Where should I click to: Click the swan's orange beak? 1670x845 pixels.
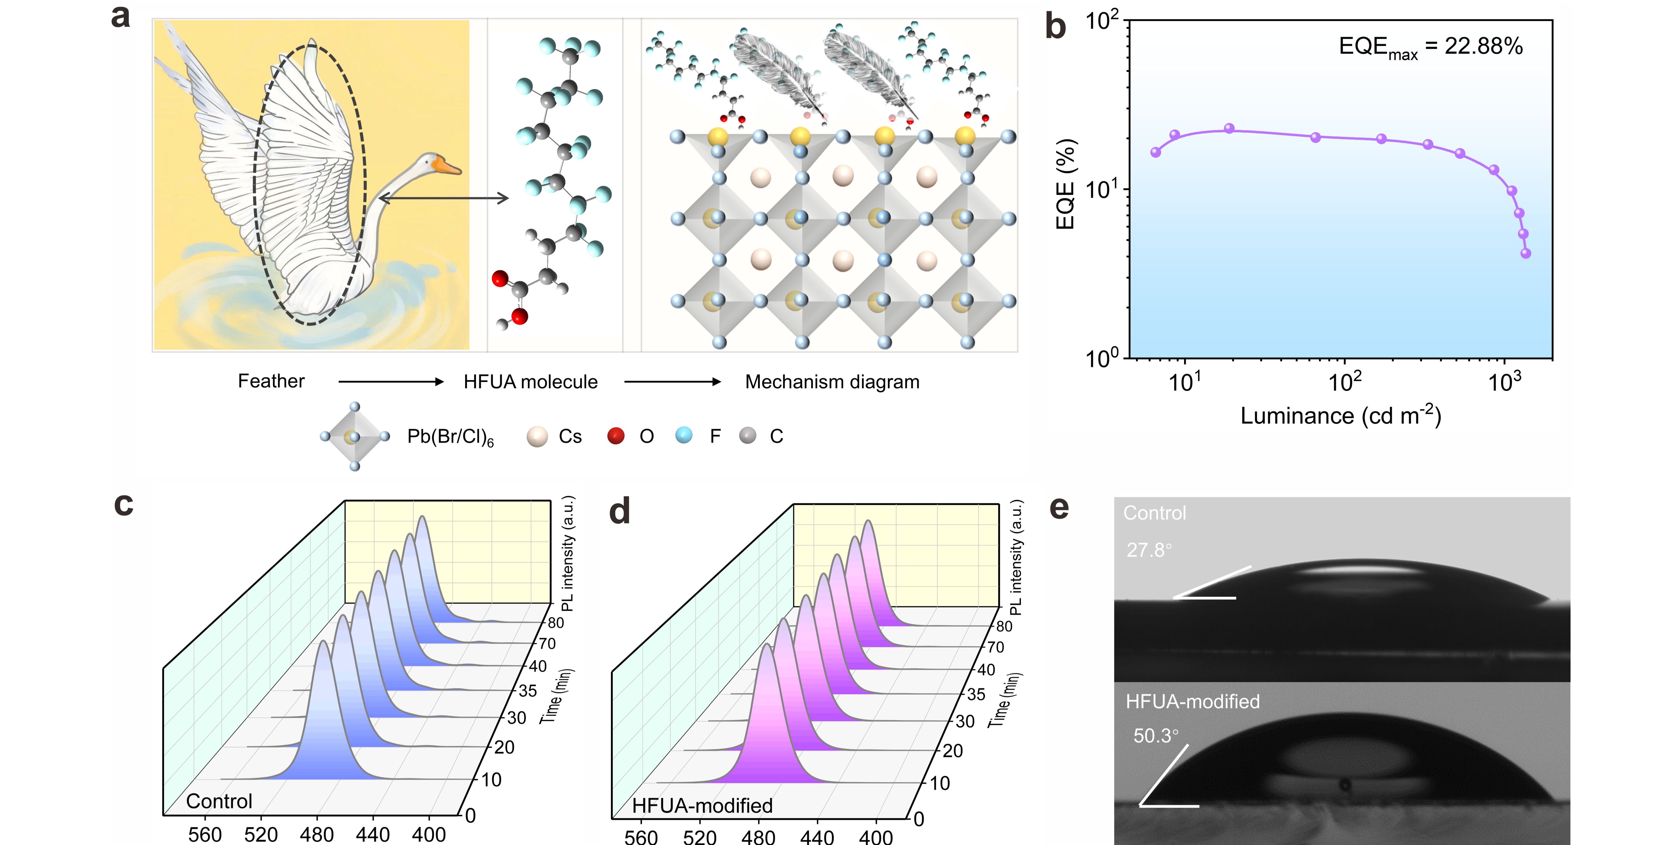449,167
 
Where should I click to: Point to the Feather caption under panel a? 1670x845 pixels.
271,381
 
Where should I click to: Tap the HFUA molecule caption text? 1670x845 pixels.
530,382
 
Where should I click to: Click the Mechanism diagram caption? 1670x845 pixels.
832,382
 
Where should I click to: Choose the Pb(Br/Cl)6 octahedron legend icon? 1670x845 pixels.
354,437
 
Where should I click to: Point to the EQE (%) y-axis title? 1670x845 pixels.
1065,185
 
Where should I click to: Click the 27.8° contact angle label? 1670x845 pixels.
1149,550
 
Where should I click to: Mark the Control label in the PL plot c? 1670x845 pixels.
219,801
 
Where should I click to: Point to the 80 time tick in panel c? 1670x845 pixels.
556,623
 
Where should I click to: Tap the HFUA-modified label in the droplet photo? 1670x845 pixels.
1192,702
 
